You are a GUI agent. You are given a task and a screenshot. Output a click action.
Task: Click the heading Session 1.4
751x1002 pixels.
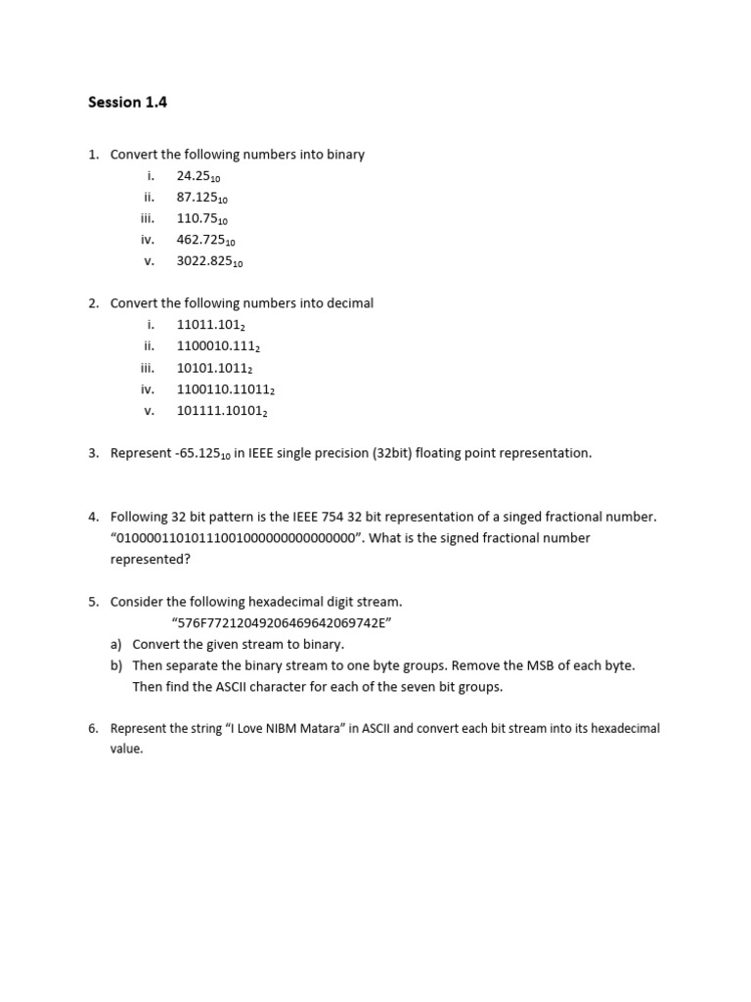[127, 102]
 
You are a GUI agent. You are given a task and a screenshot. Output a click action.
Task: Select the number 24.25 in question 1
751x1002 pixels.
[199, 176]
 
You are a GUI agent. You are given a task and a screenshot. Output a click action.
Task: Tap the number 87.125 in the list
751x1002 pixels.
[201, 198]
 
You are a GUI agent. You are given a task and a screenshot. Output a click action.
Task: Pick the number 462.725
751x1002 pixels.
[205, 240]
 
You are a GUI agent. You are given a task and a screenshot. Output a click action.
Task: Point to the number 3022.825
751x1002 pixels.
[209, 261]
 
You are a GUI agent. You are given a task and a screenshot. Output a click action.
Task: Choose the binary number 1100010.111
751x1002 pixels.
[217, 346]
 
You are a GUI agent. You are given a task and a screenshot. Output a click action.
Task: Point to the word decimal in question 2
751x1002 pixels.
[349, 303]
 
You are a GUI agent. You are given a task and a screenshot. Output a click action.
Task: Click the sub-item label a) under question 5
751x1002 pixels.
[116, 645]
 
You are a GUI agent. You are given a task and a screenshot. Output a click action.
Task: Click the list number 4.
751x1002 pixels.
[94, 517]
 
